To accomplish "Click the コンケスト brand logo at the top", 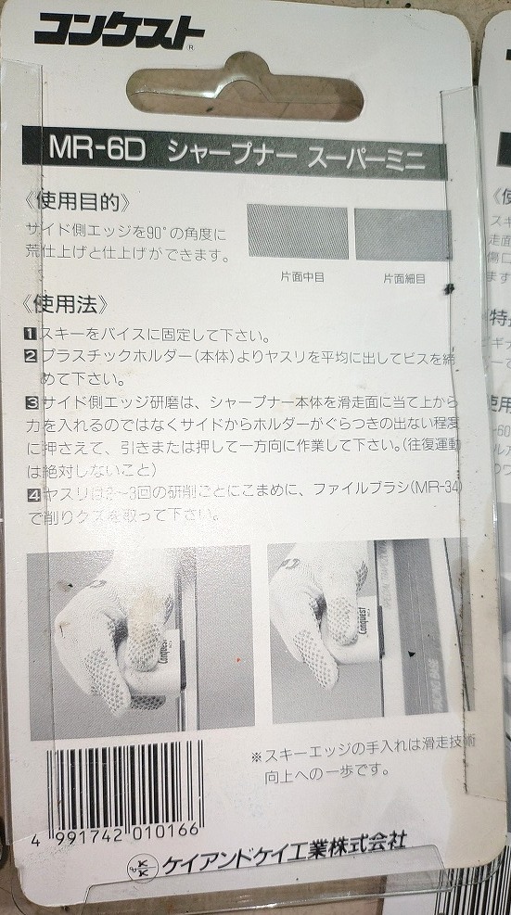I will coord(119,34).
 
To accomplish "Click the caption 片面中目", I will coord(301,275).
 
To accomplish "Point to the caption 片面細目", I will coord(404,277).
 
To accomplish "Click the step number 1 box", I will coord(32,335).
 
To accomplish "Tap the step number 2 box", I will coord(32,356).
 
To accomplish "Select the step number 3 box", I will coord(32,402).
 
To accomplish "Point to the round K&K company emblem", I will coord(144,870).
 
